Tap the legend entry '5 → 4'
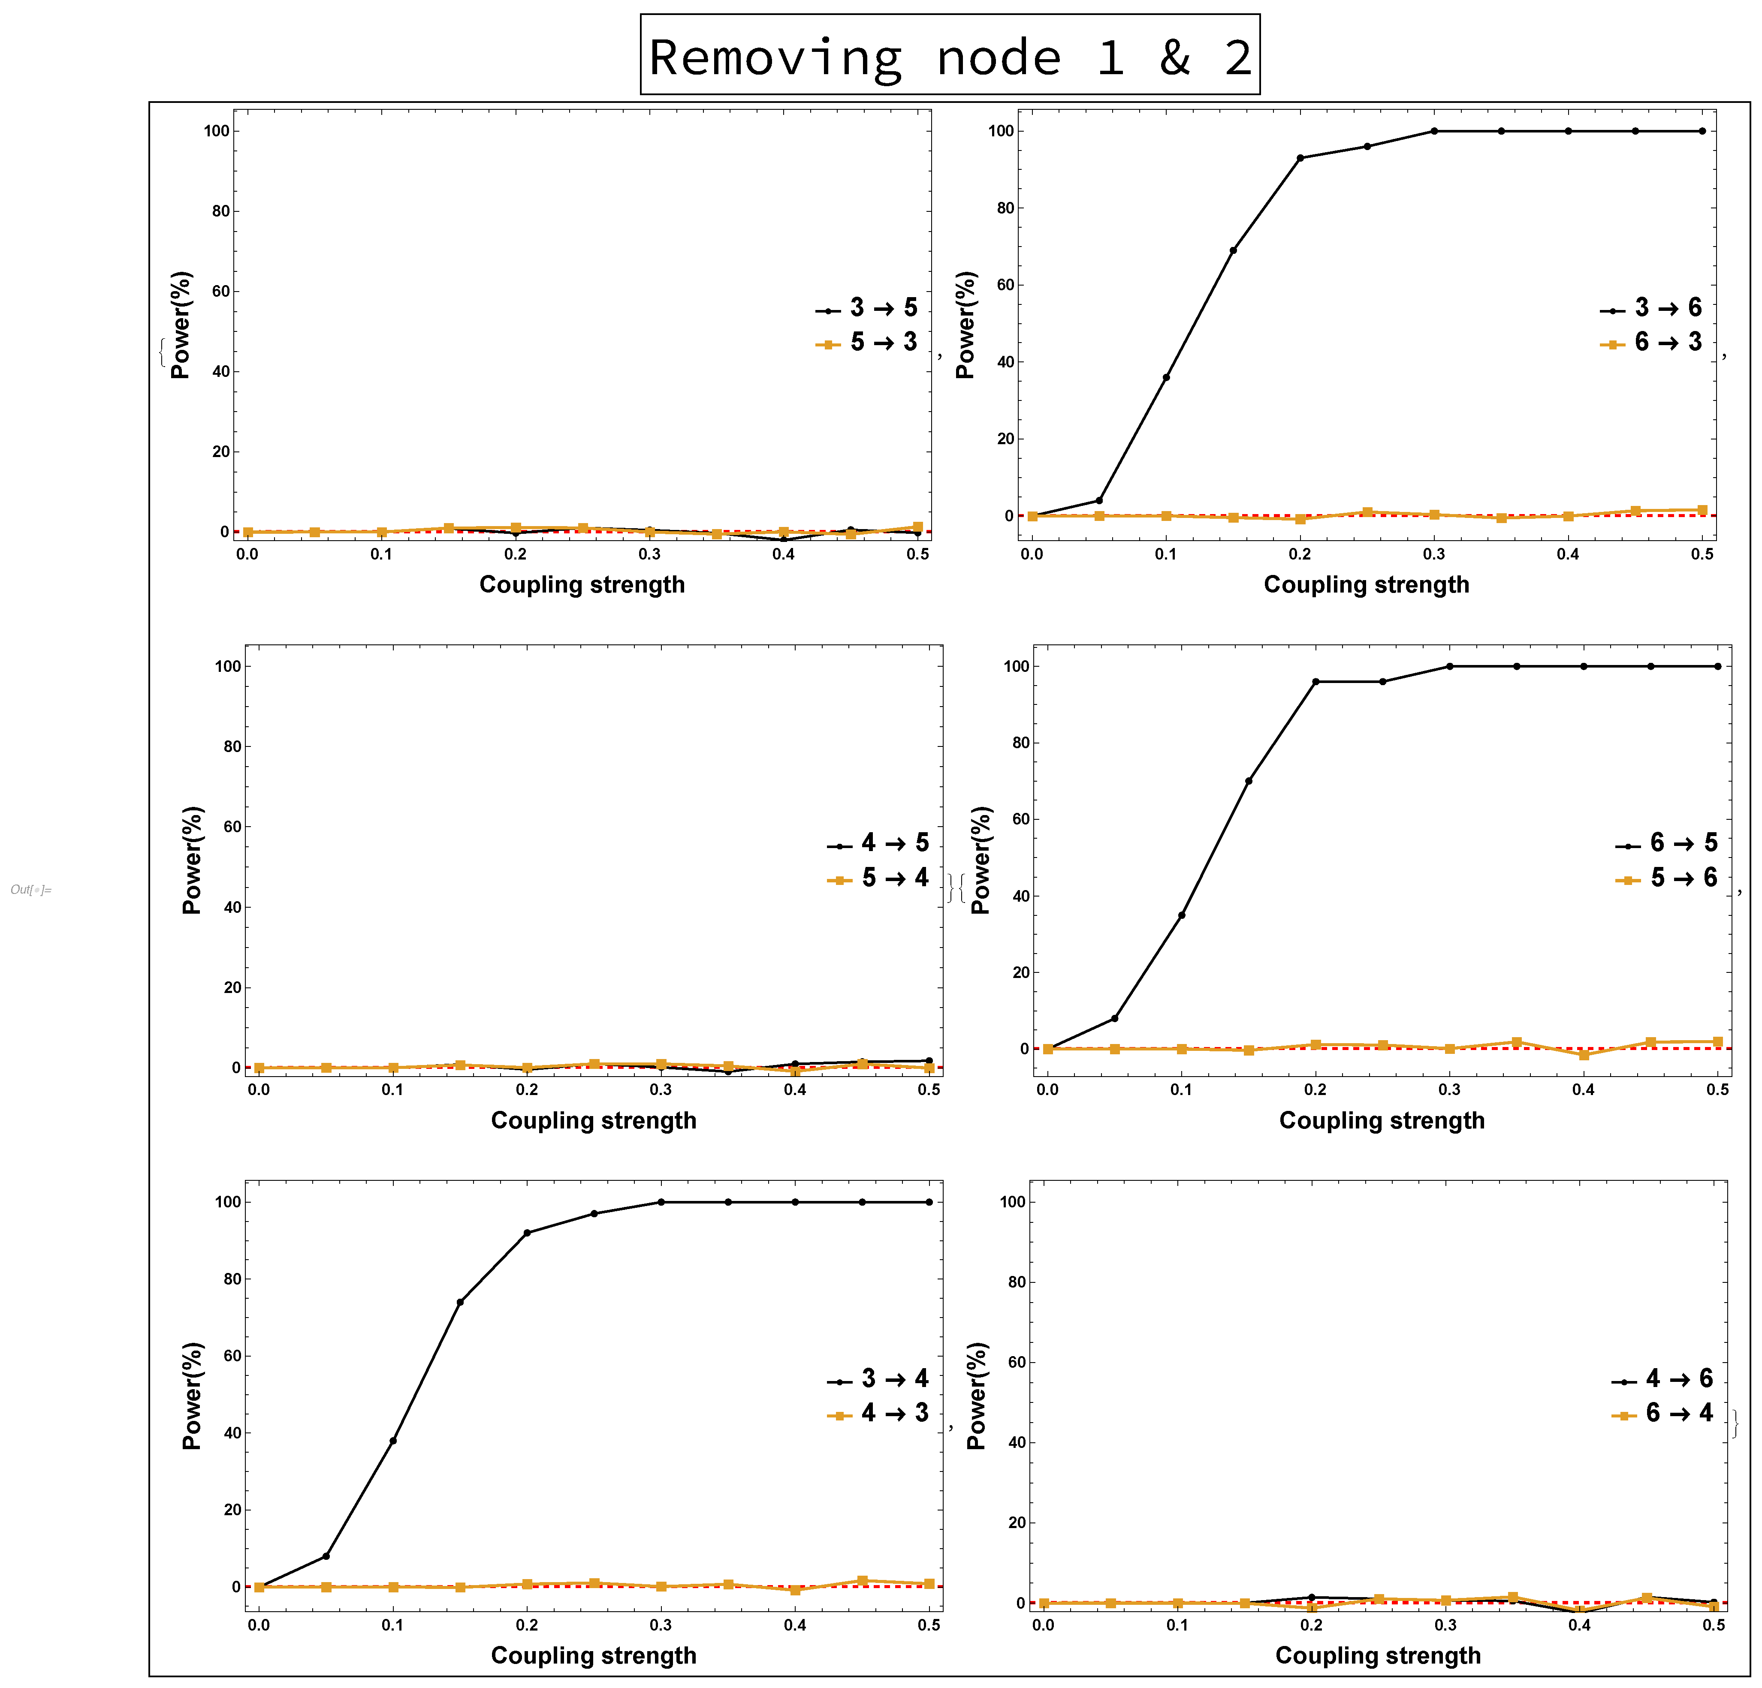click(878, 878)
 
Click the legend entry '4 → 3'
click(878, 1413)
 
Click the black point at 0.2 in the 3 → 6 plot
click(1300, 158)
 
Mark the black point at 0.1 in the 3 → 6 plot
click(1166, 377)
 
